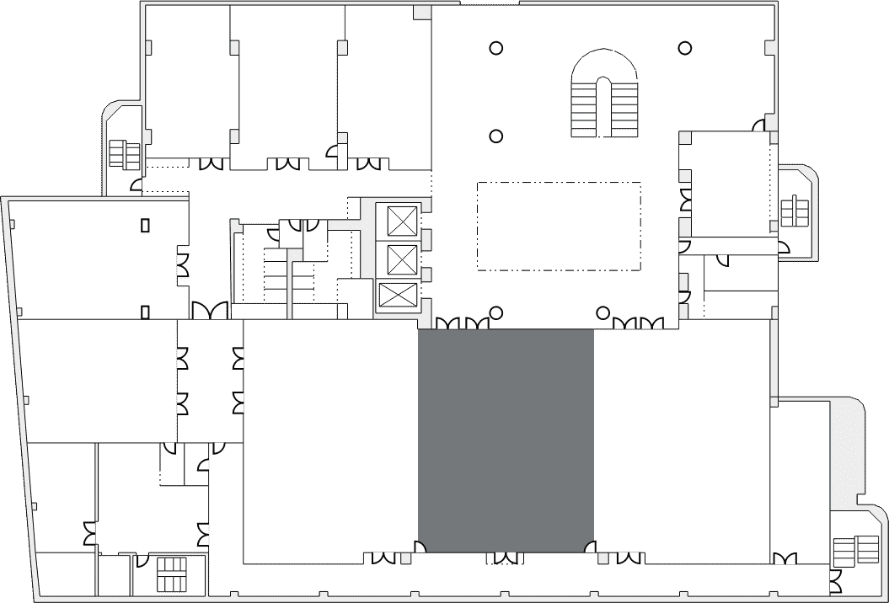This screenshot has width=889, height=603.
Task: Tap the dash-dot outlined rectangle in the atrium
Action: (x=559, y=226)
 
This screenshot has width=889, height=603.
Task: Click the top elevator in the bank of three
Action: (x=401, y=221)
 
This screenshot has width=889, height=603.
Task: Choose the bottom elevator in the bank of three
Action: (x=397, y=296)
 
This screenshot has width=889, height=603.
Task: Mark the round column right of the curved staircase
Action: (x=686, y=49)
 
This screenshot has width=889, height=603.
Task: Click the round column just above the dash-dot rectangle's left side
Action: (x=497, y=136)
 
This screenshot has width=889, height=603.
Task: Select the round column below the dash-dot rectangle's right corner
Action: (x=602, y=313)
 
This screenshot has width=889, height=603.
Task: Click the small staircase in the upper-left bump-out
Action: (x=125, y=154)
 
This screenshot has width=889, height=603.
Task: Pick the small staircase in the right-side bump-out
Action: (x=794, y=211)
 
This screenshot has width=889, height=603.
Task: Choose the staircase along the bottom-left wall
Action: (x=171, y=575)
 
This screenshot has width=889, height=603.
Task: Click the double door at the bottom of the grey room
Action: (x=506, y=558)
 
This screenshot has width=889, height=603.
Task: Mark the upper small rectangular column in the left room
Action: (x=145, y=225)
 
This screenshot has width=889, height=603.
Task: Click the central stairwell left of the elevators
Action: (x=278, y=278)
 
